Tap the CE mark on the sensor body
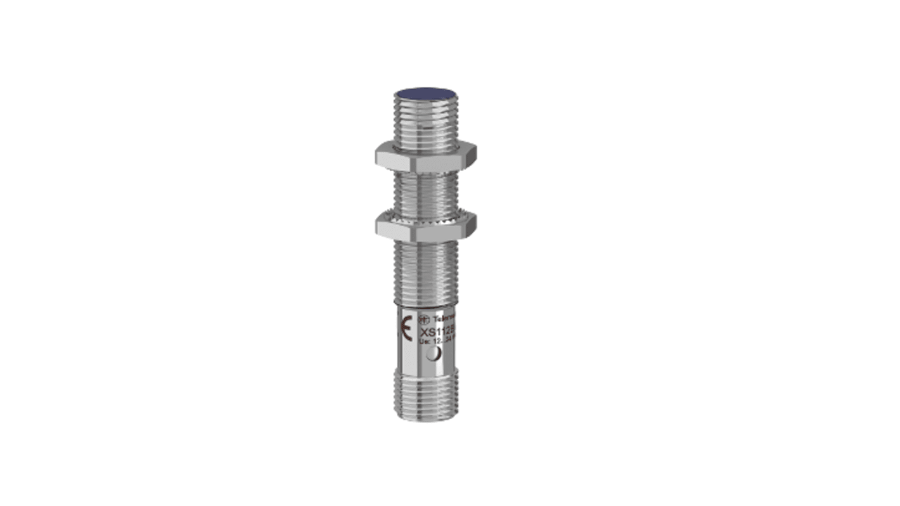click(407, 330)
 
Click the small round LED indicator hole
click(432, 355)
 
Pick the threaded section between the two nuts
click(425, 190)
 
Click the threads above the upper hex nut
click(425, 124)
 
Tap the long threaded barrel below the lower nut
click(425, 273)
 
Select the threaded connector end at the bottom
click(425, 396)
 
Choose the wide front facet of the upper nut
click(426, 159)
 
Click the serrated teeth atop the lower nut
click(425, 214)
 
